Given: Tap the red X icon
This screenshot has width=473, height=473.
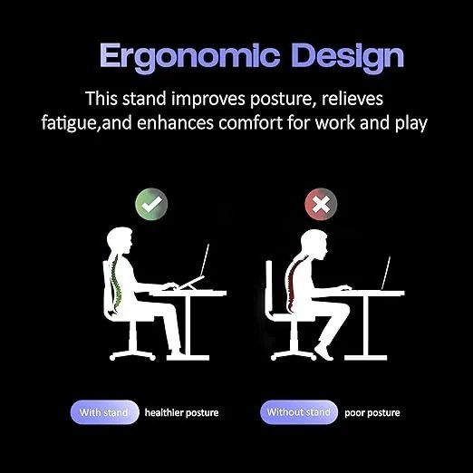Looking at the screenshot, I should [320, 203].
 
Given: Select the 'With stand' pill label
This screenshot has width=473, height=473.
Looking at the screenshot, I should [104, 412].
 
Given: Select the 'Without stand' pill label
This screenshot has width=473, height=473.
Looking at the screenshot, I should [298, 412].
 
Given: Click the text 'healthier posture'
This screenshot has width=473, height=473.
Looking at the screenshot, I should [181, 412].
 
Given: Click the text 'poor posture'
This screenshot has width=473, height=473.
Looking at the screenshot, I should [372, 412].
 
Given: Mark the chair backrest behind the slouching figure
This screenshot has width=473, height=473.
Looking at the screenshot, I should [270, 290].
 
